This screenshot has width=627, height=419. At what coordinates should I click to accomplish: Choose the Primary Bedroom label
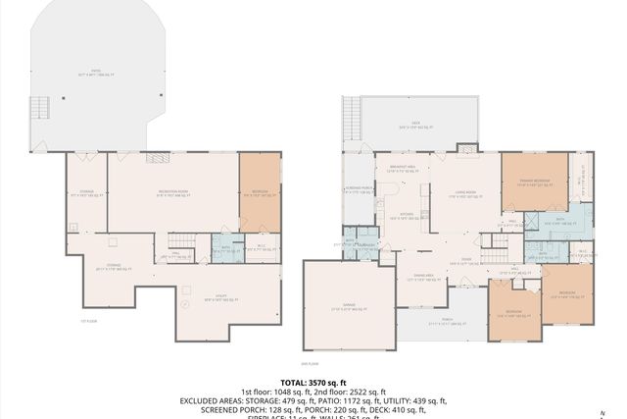[535, 180]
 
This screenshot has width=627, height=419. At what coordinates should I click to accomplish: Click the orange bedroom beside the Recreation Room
[260, 192]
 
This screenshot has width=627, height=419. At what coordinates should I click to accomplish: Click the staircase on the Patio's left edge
[39, 107]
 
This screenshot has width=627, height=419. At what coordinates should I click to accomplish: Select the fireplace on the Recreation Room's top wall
[154, 157]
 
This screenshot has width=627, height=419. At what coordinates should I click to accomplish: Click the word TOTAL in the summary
[294, 382]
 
